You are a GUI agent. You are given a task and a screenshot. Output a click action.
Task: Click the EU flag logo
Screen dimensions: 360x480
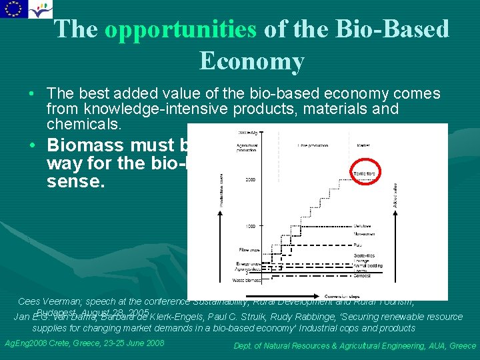tap(13, 9)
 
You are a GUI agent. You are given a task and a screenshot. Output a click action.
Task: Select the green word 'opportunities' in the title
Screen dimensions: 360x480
tap(180, 29)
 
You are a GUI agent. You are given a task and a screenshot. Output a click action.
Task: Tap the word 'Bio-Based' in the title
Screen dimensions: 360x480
tap(399, 29)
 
